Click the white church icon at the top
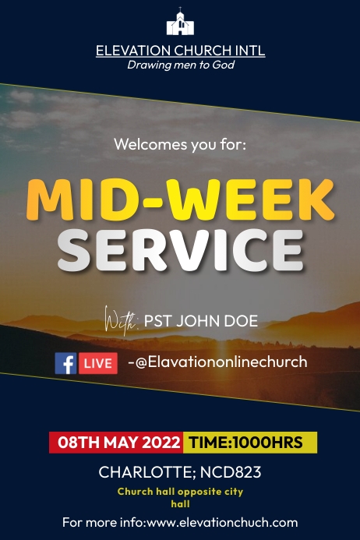pyautogui.click(x=180, y=23)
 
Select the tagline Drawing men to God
pyautogui.click(x=180, y=65)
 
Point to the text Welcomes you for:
pyautogui.click(x=180, y=144)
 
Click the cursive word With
pyautogui.click(x=119, y=319)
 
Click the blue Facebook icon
pyautogui.click(x=65, y=363)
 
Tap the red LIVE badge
pyautogui.click(x=98, y=363)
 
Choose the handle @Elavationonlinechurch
pyautogui.click(x=223, y=362)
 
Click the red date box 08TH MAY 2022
pyautogui.click(x=116, y=443)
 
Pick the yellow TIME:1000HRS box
pyautogui.click(x=249, y=443)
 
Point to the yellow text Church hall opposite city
pyautogui.click(x=180, y=492)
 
